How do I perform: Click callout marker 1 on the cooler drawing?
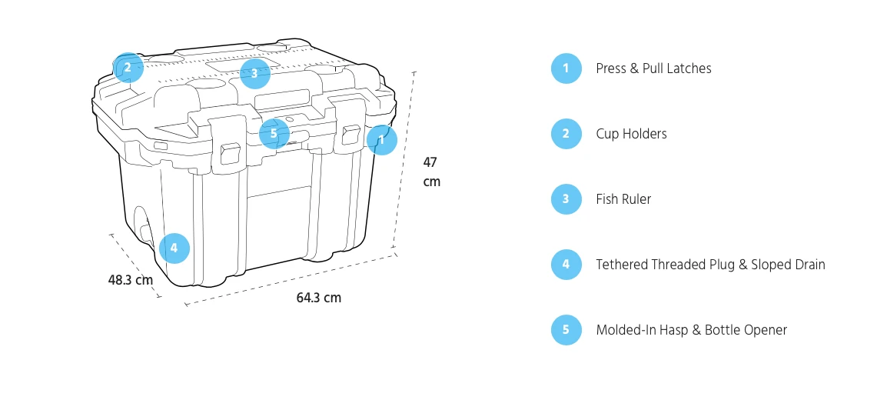point(382,140)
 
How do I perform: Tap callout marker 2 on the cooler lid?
point(128,68)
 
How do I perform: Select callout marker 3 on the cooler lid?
point(254,74)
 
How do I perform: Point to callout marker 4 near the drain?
point(174,248)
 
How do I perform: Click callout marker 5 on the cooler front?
point(274,133)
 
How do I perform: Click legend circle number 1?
point(566,68)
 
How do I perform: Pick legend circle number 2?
point(566,134)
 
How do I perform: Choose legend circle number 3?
point(566,199)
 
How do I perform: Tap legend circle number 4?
point(566,265)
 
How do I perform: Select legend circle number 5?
point(566,330)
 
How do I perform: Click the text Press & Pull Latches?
point(653,68)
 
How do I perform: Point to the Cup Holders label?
point(631,134)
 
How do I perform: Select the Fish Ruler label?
point(623,199)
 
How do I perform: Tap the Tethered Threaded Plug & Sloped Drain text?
point(710,265)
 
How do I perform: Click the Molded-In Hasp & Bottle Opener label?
point(691,330)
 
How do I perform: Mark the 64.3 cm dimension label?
point(318,298)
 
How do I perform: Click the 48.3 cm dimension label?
point(131,280)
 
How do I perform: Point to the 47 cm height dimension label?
point(431,172)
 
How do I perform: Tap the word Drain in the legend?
point(808,265)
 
